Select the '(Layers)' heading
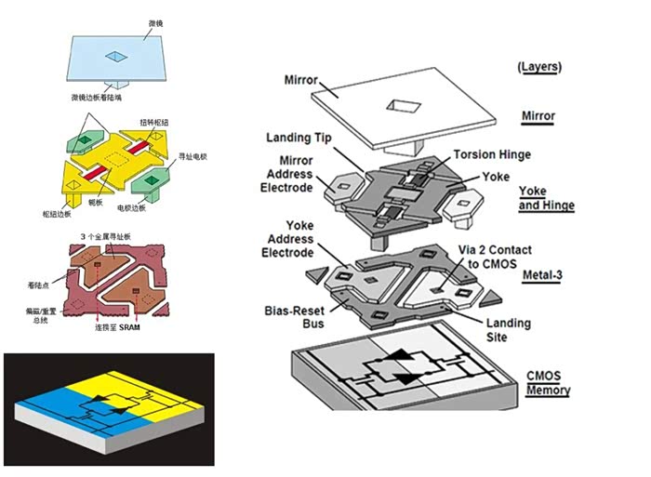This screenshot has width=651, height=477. [x=538, y=67]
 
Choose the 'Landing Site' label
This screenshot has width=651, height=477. [x=509, y=330]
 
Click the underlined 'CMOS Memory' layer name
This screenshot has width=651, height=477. [x=546, y=384]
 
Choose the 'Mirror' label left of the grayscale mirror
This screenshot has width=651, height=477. [x=302, y=80]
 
